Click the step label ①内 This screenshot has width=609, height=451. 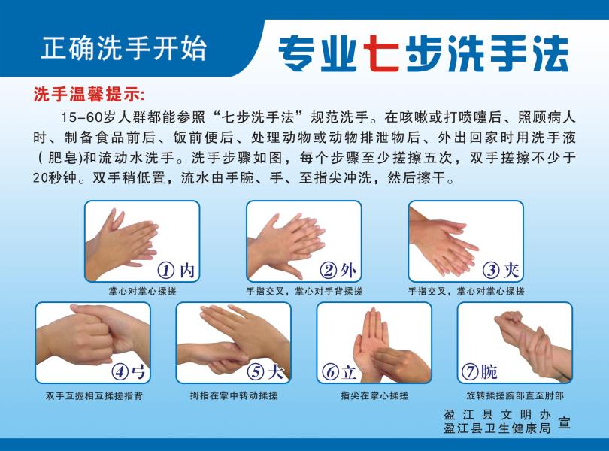pos(176,270)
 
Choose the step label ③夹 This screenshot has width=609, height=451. pos(501,270)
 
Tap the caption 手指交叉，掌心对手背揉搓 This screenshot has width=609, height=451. pos(304,291)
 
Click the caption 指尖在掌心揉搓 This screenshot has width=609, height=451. pos(374,395)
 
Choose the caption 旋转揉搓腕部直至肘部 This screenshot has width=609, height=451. pos(515,395)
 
